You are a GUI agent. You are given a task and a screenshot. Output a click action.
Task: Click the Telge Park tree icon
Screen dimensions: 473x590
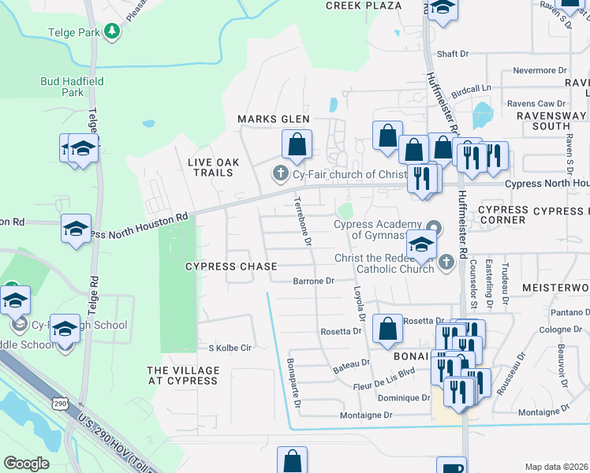pos(113,31)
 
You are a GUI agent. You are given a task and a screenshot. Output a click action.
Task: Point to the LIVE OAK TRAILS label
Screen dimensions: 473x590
pos(210,167)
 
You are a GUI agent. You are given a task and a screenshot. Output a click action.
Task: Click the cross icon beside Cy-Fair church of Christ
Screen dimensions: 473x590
pos(278,173)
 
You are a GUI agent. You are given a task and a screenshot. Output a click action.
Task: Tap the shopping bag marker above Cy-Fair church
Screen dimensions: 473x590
pos(297,145)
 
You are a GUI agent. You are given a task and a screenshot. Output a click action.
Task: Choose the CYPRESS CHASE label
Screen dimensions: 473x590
pos(230,266)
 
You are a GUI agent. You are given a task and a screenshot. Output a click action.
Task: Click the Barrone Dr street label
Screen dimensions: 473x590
pos(314,281)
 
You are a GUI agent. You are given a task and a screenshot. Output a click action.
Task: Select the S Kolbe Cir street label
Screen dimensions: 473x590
pos(229,348)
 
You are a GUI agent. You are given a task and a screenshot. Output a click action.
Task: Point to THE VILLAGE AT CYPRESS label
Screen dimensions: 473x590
pos(182,375)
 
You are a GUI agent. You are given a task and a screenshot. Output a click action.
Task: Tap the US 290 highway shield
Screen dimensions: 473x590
pos(61,403)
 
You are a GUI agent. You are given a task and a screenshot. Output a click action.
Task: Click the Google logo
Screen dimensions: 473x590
pos(27,464)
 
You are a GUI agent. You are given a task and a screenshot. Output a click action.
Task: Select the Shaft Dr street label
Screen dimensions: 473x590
pos(453,54)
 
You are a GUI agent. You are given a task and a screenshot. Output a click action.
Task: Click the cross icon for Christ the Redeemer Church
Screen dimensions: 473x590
pos(446,261)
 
